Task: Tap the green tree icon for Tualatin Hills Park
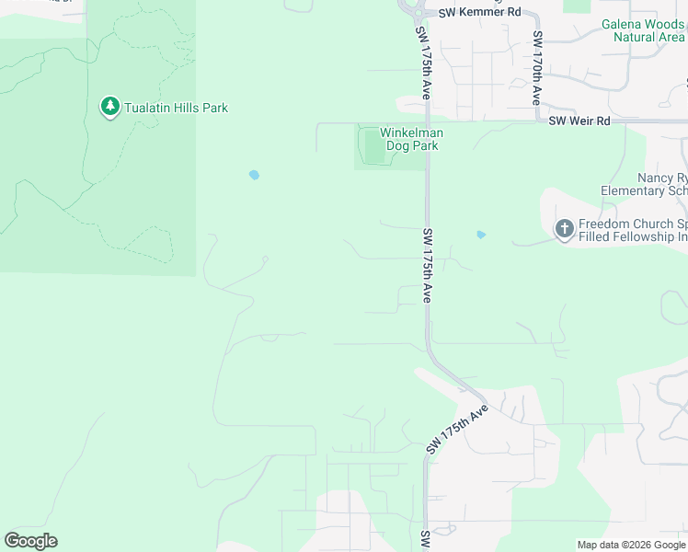pos(110,107)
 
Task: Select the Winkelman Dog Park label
pos(399,139)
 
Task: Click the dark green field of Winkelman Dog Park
pos(373,147)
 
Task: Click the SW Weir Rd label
pos(579,121)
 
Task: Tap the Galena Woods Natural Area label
pos(644,30)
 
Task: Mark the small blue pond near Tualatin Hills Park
pos(254,174)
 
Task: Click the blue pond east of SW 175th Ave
pos(480,235)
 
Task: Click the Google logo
pos(30,540)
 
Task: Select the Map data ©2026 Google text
pos(631,545)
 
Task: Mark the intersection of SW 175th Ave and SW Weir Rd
pos(427,121)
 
